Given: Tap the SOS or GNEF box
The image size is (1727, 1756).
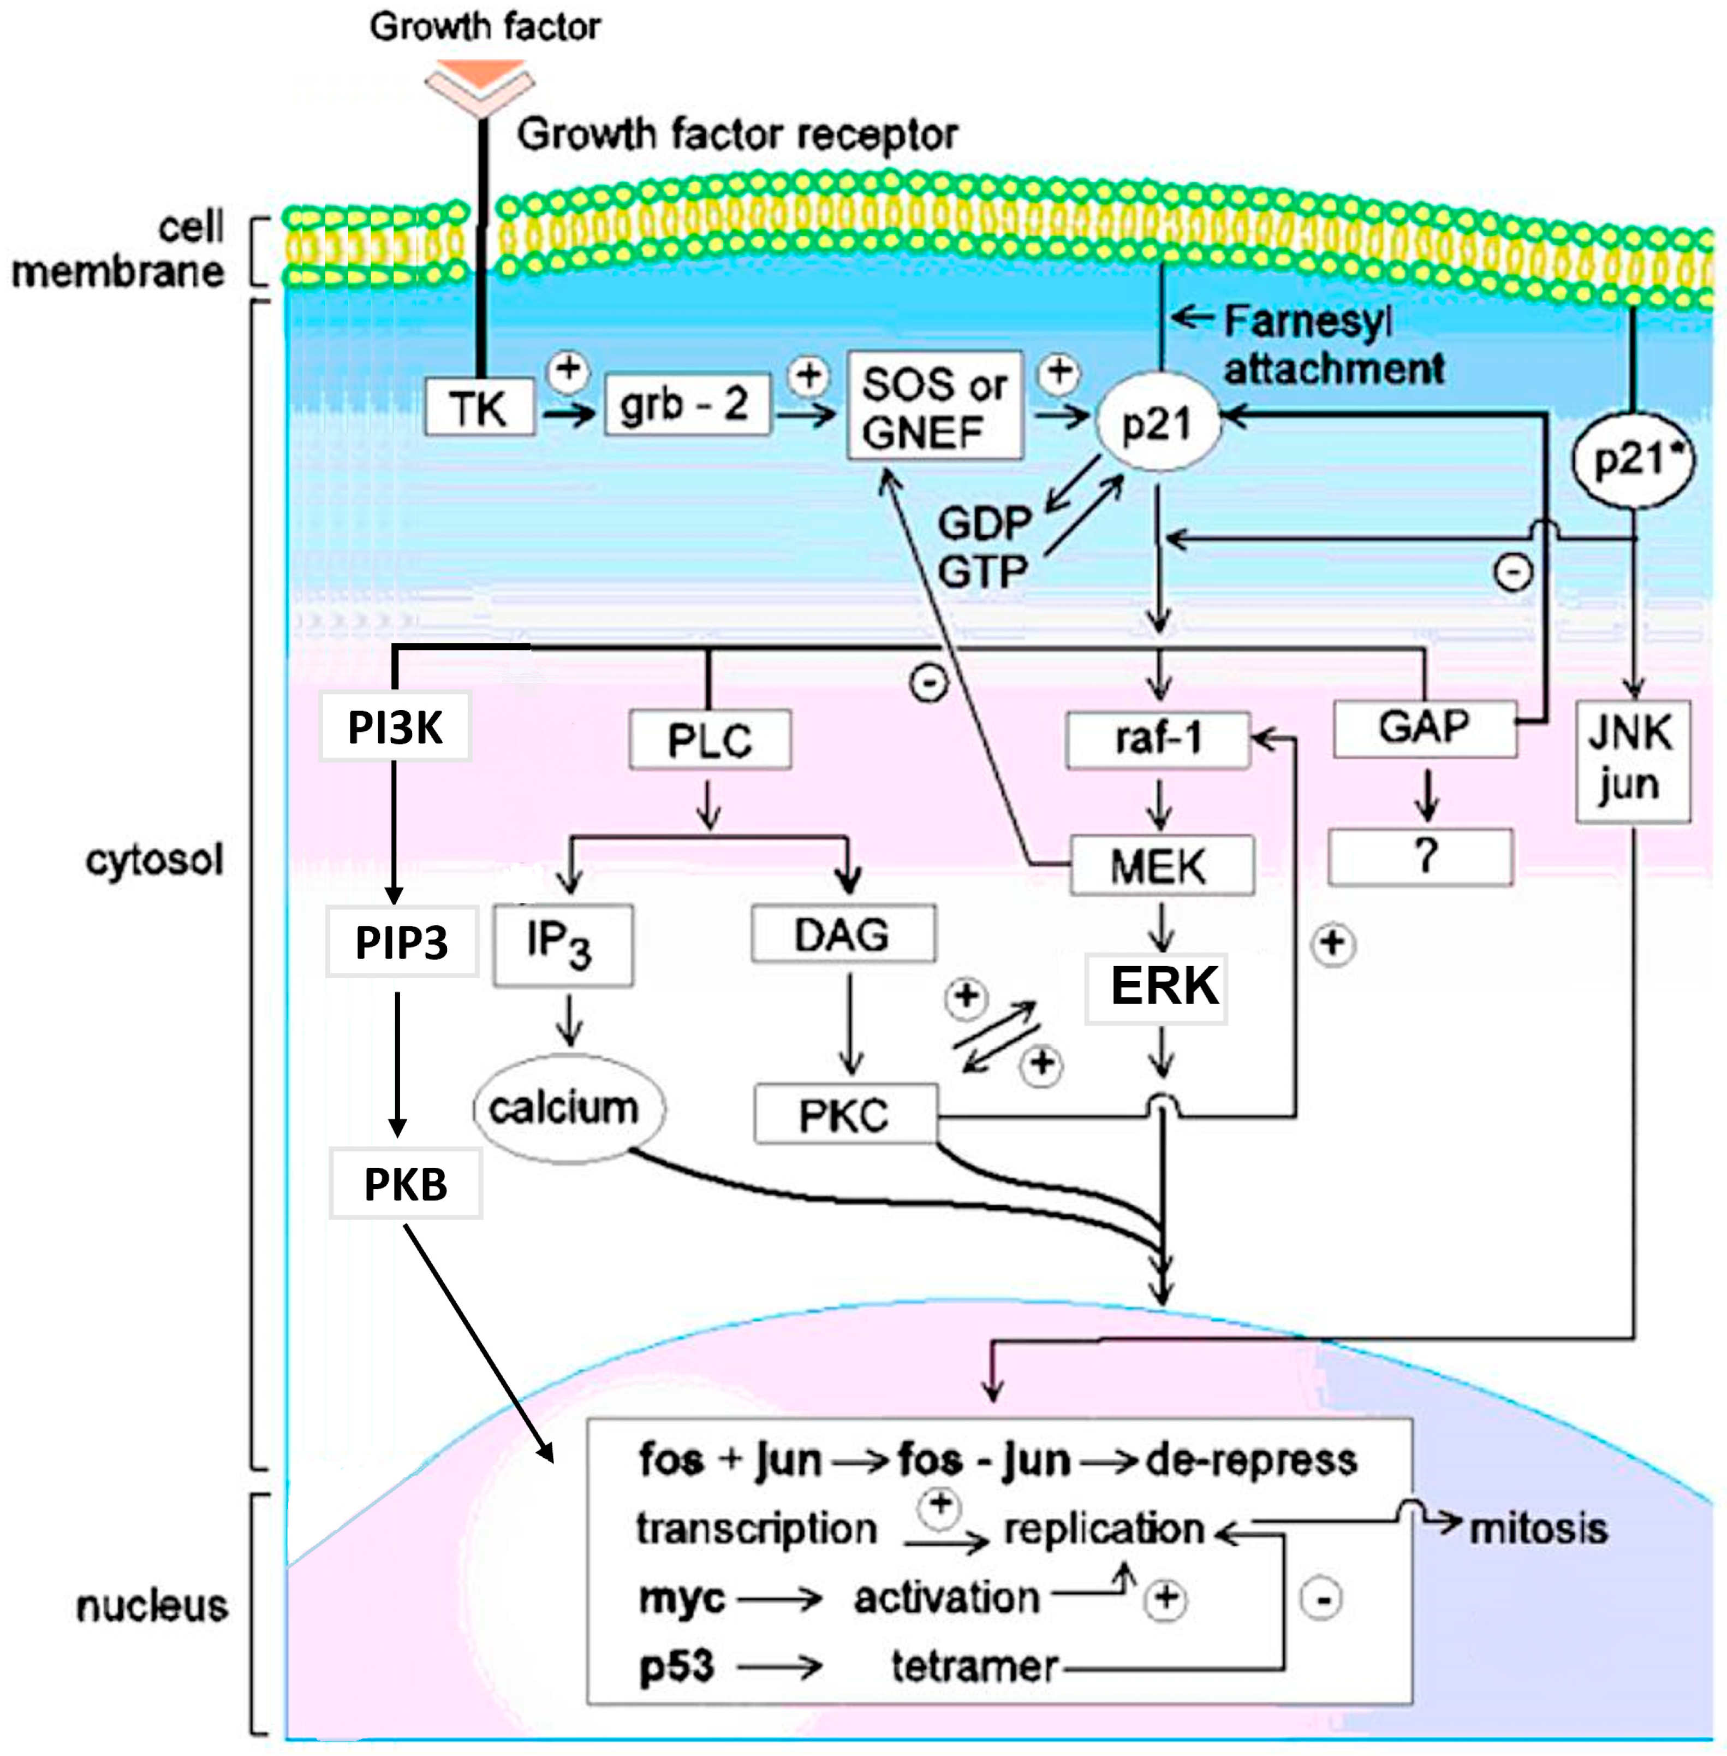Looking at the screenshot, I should click(934, 406).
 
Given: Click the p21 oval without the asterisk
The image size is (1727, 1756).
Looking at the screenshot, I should click(1157, 423).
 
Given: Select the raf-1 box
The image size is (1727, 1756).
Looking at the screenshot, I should click(1158, 738).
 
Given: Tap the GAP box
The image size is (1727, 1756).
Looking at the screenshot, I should click(1424, 728).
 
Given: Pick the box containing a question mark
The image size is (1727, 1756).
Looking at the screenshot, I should click(1420, 856).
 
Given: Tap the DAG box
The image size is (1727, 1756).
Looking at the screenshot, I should click(843, 934).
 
